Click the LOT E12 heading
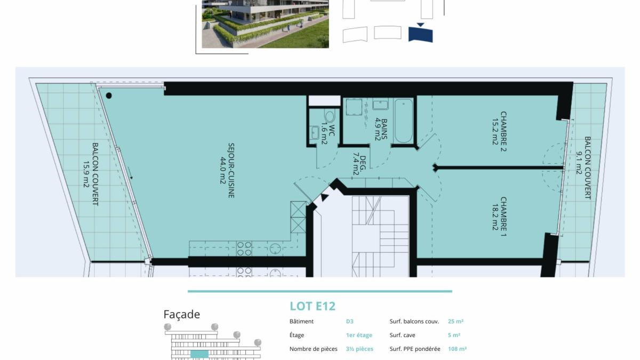click(313, 306)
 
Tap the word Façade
click(182, 315)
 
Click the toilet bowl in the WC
click(330, 117)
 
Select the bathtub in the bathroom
click(403, 121)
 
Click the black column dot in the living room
click(109, 95)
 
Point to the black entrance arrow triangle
click(324, 197)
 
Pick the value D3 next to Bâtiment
click(350, 322)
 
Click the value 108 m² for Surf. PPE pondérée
click(457, 349)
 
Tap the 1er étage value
click(359, 335)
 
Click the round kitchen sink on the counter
click(276, 249)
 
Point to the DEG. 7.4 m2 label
click(359, 165)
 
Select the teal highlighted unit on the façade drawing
click(199, 354)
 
